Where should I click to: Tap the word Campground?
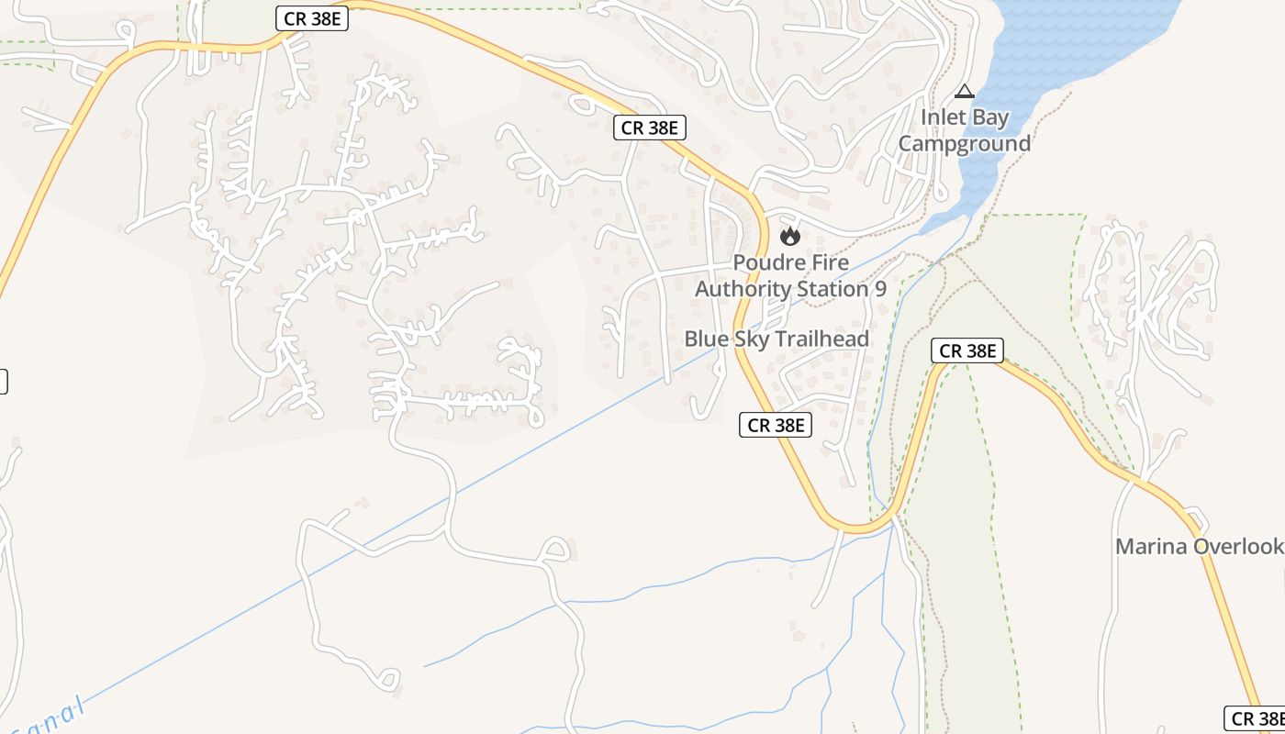pos(964,144)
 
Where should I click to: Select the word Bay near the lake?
pos(989,118)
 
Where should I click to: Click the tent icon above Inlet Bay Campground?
pos(964,91)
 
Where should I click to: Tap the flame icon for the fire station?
pos(790,237)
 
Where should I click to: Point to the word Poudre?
pos(765,262)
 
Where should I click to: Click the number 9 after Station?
pos(880,289)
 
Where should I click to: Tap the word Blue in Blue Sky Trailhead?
pos(706,339)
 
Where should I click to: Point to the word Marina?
pos(1147,547)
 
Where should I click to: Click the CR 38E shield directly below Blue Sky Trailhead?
pos(776,425)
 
